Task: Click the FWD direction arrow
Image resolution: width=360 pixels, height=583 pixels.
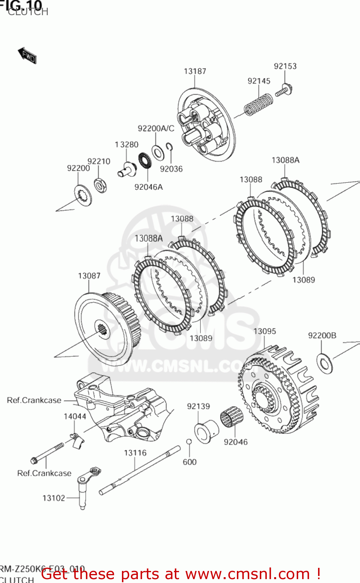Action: pyautogui.click(x=27, y=55)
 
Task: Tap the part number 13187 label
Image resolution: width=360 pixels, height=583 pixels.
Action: pyautogui.click(x=195, y=71)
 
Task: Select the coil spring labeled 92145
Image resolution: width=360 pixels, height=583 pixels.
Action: pyautogui.click(x=258, y=104)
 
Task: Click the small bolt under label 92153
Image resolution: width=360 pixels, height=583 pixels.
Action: pyautogui.click(x=284, y=91)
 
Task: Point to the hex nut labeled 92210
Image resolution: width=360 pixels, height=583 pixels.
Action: pyautogui.click(x=100, y=185)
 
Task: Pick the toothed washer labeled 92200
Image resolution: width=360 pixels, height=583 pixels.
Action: pyautogui.click(x=83, y=195)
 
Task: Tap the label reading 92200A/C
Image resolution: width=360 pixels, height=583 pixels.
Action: pyautogui.click(x=156, y=129)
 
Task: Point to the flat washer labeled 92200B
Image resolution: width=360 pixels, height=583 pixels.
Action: pyautogui.click(x=325, y=363)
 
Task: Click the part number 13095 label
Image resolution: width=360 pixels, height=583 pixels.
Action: pyautogui.click(x=264, y=331)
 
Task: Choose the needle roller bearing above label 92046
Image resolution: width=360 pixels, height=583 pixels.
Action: pyautogui.click(x=231, y=417)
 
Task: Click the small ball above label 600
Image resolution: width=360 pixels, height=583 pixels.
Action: pyautogui.click(x=189, y=442)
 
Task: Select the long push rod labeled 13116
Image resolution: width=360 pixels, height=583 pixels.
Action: pyautogui.click(x=140, y=471)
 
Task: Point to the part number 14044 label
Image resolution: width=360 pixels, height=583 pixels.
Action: pyautogui.click(x=75, y=416)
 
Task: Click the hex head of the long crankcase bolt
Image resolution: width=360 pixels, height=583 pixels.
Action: pyautogui.click(x=34, y=461)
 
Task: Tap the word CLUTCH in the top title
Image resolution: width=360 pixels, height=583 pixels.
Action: pyautogui.click(x=28, y=12)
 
